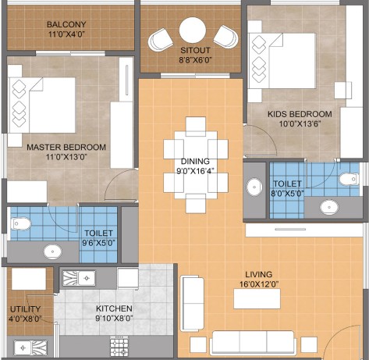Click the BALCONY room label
coord(66,24)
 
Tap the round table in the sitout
coord(193,30)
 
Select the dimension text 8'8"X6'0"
coord(195,60)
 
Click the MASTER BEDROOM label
coord(66,148)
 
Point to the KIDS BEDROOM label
coord(300,114)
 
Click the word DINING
coord(195,162)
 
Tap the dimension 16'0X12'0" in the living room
coord(259,284)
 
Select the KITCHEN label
coord(114,308)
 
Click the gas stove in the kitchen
coord(119,346)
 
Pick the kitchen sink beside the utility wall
coord(79,278)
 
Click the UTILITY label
coord(25,309)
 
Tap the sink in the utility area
coord(30,348)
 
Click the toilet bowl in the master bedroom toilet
coord(21,224)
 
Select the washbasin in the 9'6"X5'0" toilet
coord(53,251)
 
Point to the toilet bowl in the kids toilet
coord(349,180)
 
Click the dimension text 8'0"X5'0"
coord(287,194)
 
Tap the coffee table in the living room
coord(257,298)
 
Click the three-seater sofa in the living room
coord(253,342)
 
